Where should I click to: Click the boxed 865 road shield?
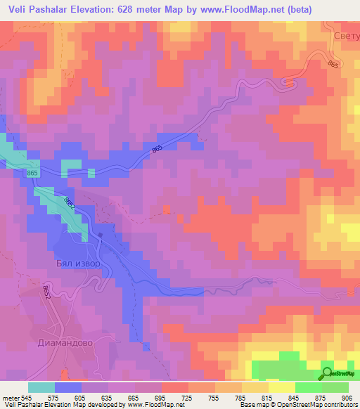(32, 173)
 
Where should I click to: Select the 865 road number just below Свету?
(333, 64)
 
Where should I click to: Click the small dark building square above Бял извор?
(100, 236)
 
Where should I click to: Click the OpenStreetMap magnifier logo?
(328, 372)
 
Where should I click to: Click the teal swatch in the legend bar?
(41, 387)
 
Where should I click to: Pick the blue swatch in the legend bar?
(68, 387)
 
